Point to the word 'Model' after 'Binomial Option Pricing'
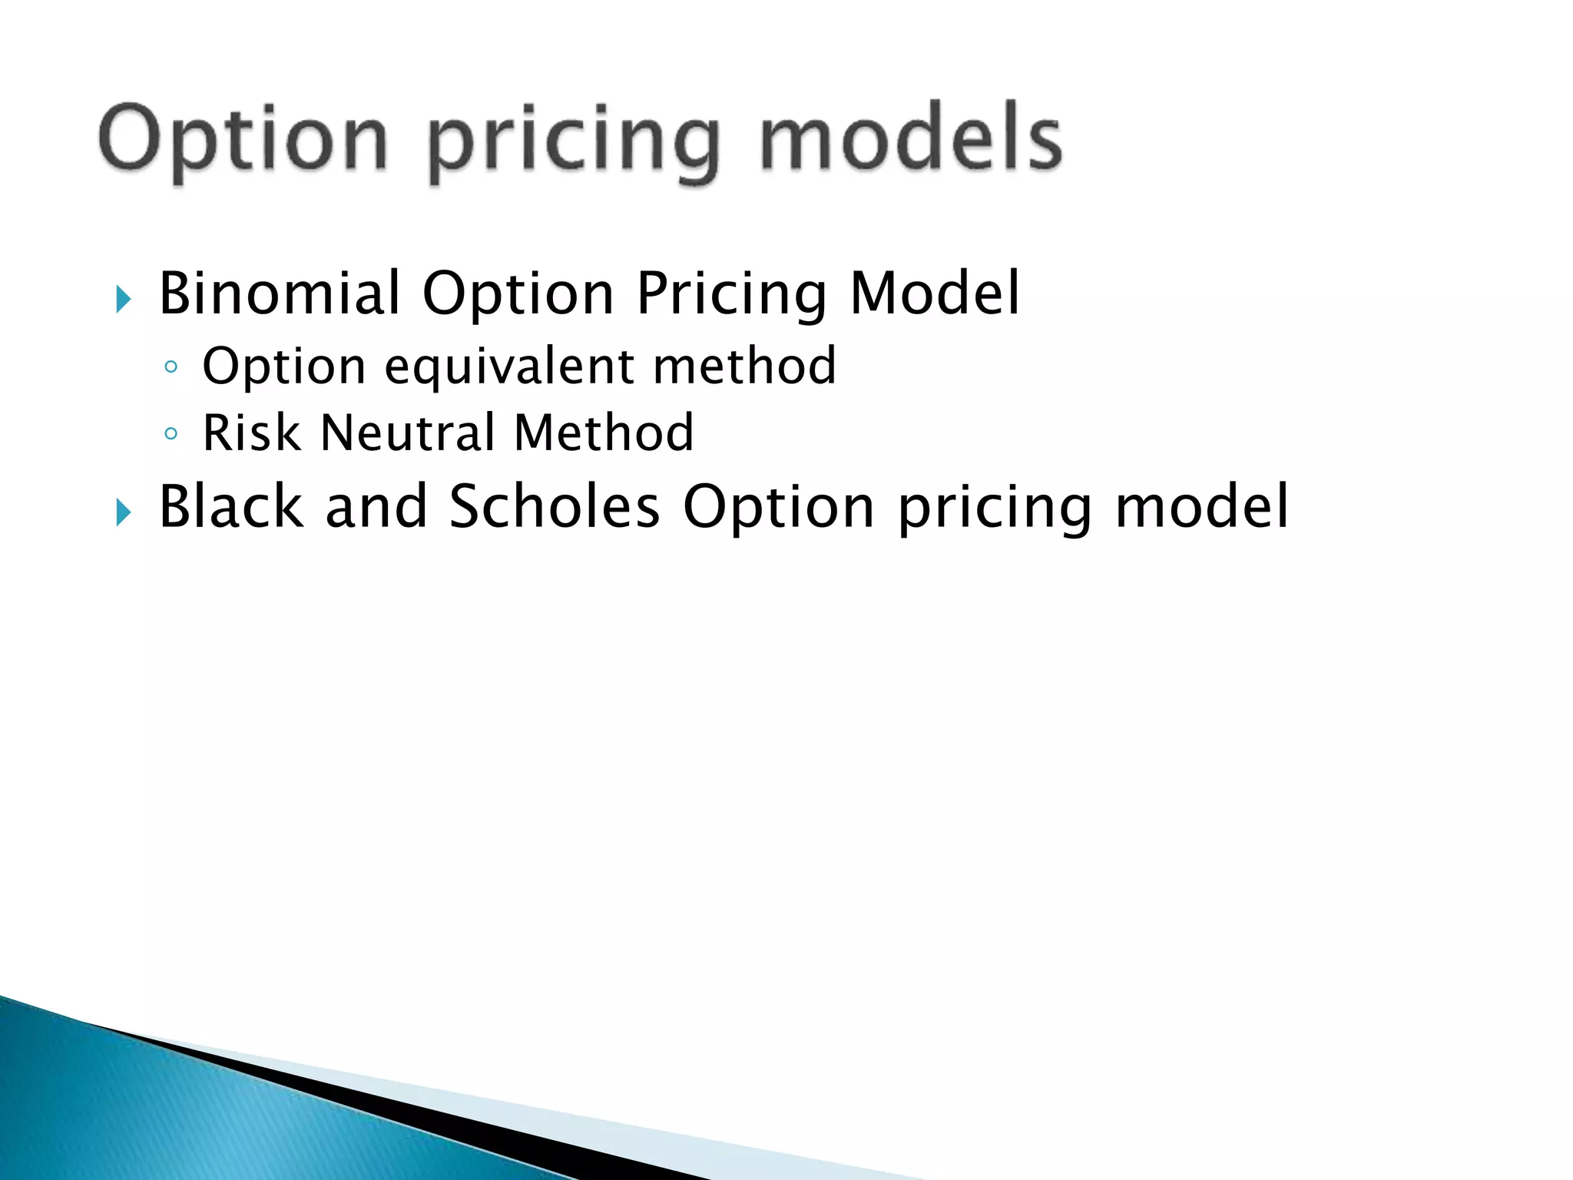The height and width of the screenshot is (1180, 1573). pyautogui.click(x=934, y=293)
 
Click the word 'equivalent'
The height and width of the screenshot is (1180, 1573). pyautogui.click(x=508, y=366)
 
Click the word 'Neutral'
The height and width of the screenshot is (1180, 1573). pyautogui.click(x=407, y=433)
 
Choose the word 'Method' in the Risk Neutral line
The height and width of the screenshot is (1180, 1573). pyautogui.click(x=604, y=433)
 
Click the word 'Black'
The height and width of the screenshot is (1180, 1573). pyautogui.click(x=231, y=507)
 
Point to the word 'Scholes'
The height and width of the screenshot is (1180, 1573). pyautogui.click(x=555, y=507)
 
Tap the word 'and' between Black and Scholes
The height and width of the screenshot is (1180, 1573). pyautogui.click(x=376, y=507)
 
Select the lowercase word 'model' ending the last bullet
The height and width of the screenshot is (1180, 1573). pyautogui.click(x=1201, y=507)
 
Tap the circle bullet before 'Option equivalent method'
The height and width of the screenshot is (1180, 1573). pyautogui.click(x=171, y=367)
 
